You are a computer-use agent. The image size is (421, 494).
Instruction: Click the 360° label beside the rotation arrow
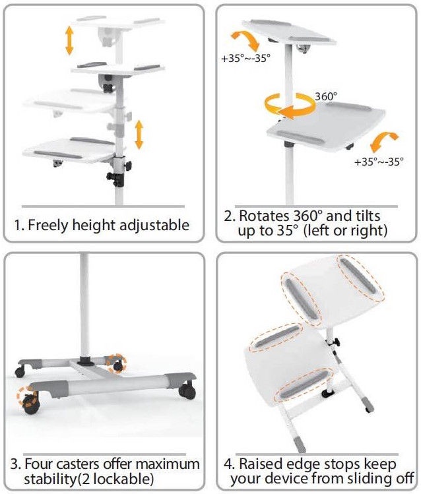[326, 96]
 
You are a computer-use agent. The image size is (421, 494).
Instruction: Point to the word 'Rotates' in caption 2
[264, 216]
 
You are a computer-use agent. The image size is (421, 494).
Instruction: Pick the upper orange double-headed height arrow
[69, 41]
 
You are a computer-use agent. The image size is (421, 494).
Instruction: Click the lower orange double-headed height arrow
[139, 135]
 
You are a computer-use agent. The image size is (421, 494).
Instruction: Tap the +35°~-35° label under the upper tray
[245, 58]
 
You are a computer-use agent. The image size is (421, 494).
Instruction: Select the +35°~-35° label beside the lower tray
[379, 162]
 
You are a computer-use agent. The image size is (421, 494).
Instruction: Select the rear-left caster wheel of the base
[20, 372]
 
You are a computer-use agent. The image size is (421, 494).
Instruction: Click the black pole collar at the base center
[85, 361]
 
